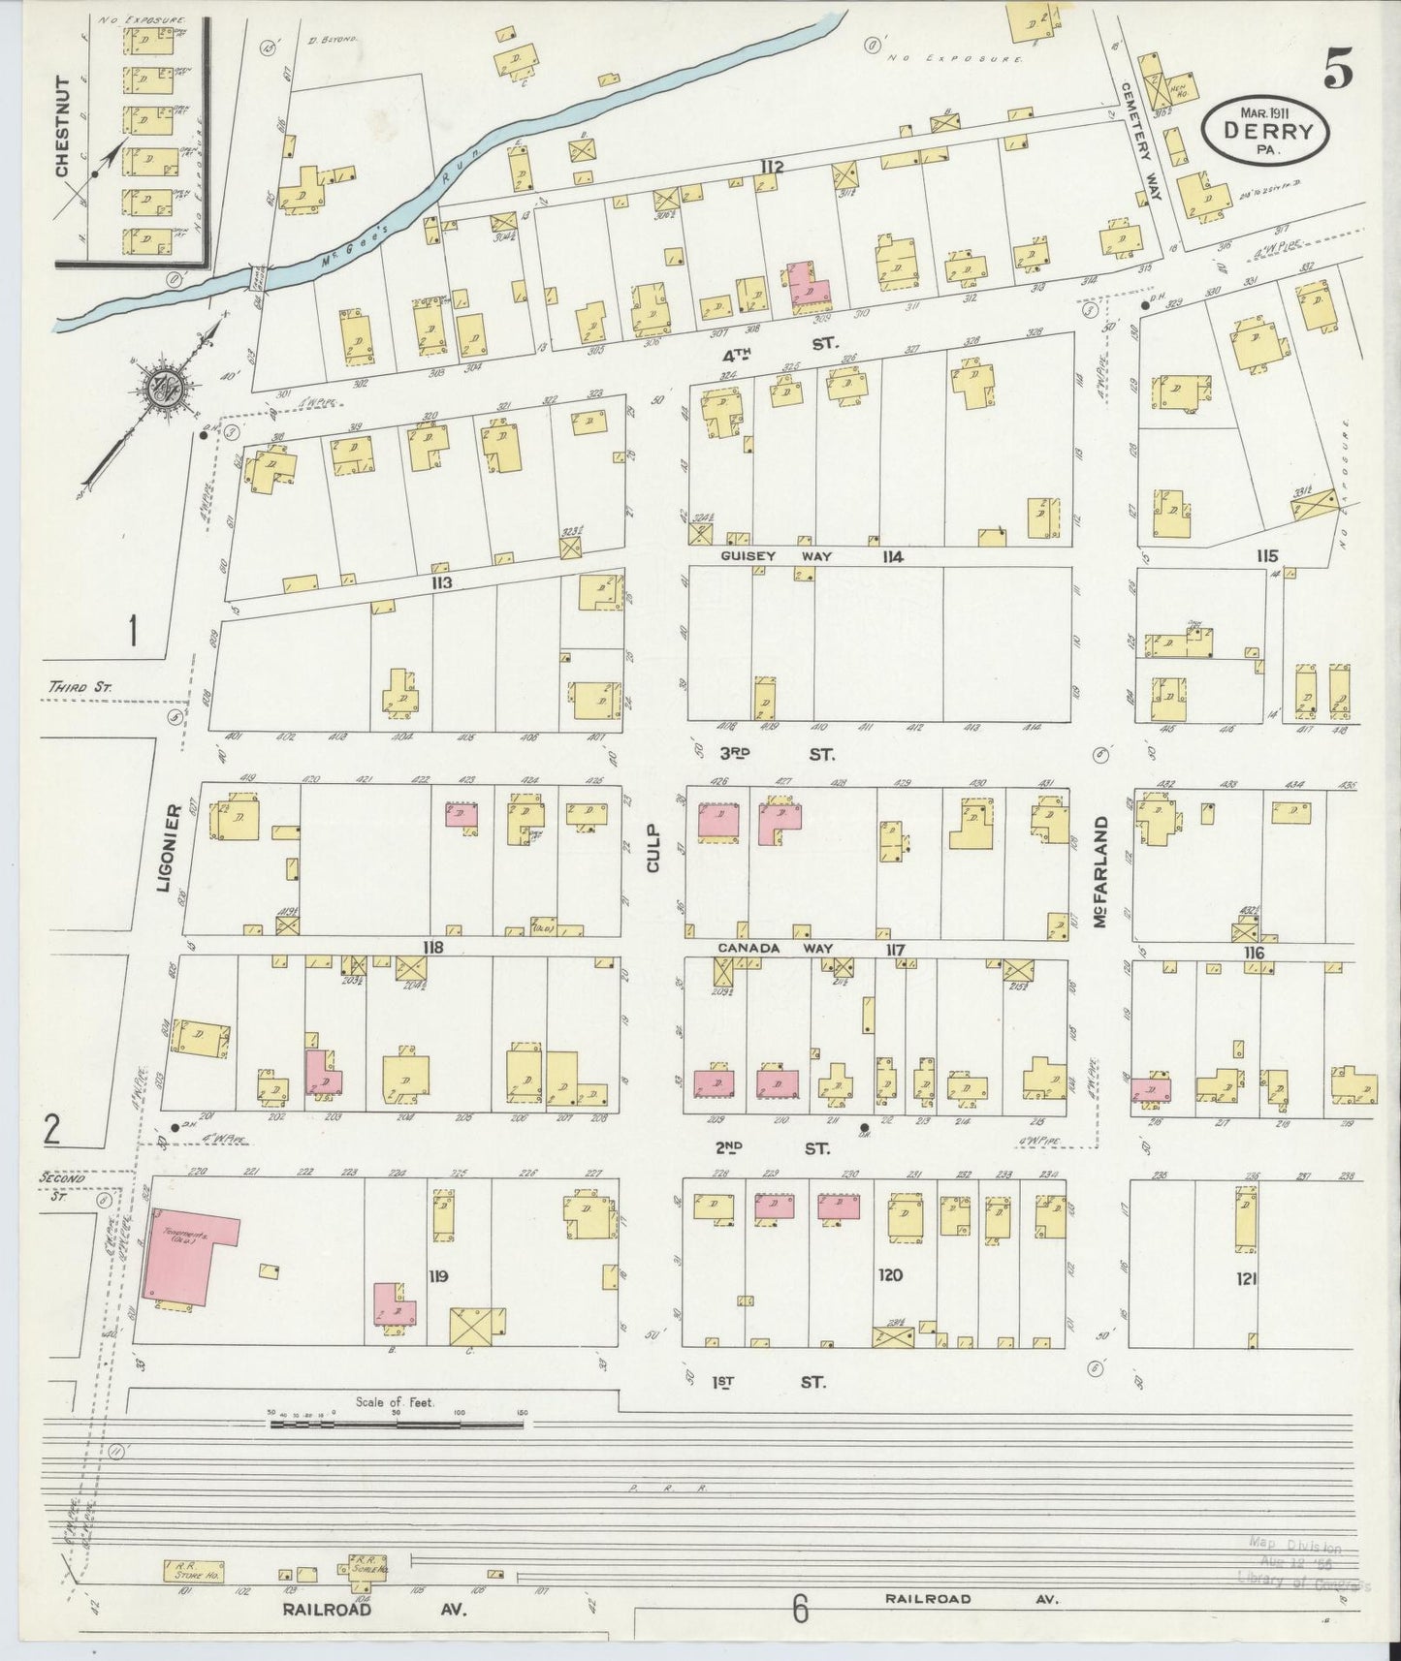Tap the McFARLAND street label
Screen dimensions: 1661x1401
tap(1100, 873)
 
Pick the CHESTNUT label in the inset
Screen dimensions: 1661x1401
tap(63, 126)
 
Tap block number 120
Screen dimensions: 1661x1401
tap(889, 1275)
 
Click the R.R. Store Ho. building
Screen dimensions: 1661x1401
tap(194, 1542)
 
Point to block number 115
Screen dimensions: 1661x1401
tap(1267, 556)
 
